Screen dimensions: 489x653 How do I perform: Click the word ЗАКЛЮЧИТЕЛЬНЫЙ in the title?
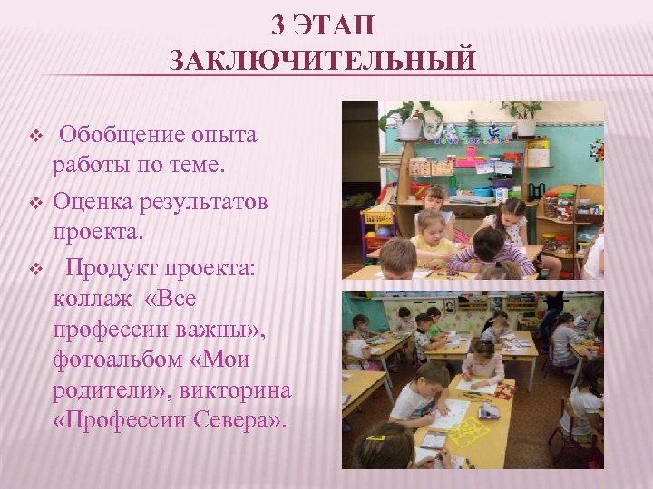tap(322, 61)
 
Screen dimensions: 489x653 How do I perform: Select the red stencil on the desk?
tap(502, 391)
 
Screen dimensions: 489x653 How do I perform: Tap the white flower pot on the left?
tap(410, 128)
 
